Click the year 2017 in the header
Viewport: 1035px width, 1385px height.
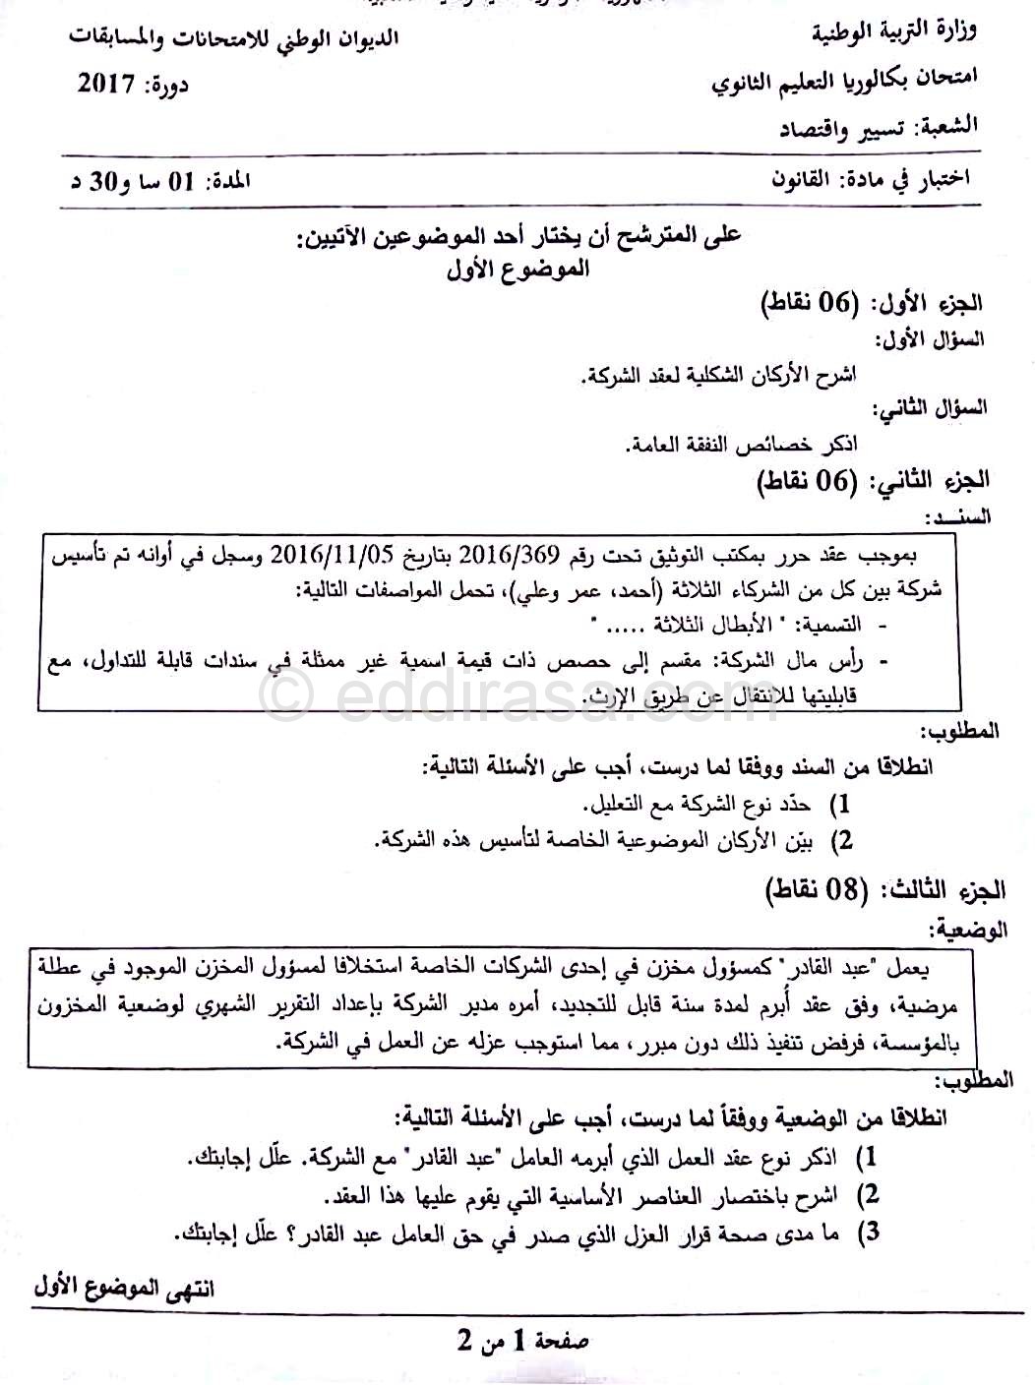(x=105, y=85)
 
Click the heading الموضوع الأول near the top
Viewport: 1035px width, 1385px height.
(x=517, y=268)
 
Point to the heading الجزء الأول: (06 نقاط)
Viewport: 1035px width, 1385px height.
(x=874, y=303)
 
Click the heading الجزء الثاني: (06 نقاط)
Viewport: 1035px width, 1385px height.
(x=873, y=481)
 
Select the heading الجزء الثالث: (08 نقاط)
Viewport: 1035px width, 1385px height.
(x=886, y=890)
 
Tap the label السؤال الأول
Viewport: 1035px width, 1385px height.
(x=932, y=339)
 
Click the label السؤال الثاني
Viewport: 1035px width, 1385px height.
(x=932, y=408)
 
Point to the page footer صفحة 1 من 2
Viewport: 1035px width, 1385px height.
(x=522, y=1341)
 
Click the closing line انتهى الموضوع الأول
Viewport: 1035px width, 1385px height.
(x=124, y=1288)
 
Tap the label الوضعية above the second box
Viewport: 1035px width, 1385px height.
(x=969, y=929)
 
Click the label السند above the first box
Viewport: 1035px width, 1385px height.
(x=958, y=516)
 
